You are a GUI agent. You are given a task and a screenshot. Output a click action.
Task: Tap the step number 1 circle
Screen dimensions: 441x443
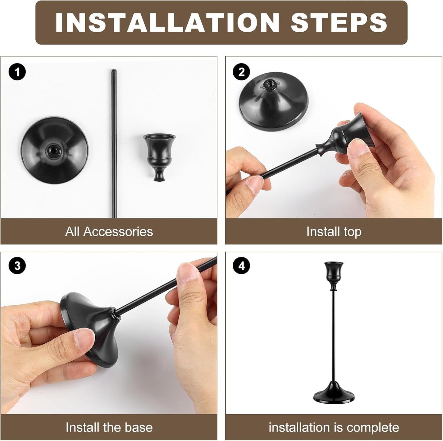pos(17,72)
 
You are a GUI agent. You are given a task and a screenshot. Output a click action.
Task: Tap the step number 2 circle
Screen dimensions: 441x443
pos(242,72)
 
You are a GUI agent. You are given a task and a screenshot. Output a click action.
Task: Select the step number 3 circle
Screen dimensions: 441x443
pos(17,265)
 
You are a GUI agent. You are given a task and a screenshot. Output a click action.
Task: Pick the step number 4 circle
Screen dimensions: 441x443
pos(242,265)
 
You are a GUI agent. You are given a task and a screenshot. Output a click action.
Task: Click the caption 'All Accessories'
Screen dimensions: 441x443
pos(109,232)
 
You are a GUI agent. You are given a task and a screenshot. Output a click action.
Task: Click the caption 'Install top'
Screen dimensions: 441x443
pos(334,232)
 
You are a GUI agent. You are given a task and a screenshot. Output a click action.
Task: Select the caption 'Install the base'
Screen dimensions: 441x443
pos(109,427)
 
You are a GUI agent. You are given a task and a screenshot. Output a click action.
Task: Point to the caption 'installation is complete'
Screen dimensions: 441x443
pos(334,427)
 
